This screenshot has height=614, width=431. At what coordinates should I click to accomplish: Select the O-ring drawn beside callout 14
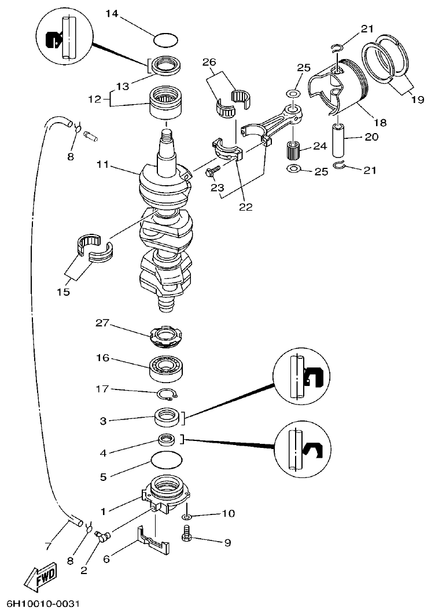pyautogui.click(x=166, y=41)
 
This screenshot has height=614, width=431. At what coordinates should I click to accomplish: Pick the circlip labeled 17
pyautogui.click(x=168, y=395)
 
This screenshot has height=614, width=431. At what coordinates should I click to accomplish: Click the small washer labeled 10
pyautogui.click(x=186, y=515)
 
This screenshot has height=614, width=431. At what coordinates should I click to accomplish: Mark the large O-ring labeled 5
pyautogui.click(x=166, y=461)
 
